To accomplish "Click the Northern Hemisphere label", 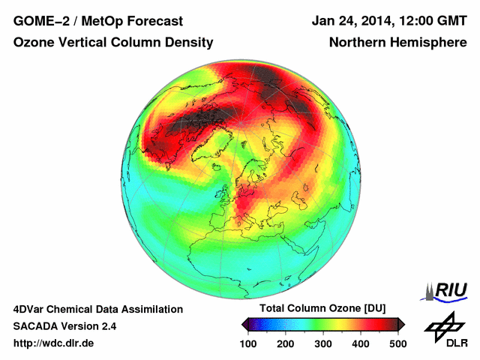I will click(x=398, y=43).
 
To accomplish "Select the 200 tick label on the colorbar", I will click(x=285, y=343).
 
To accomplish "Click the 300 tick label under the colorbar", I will click(x=322, y=343).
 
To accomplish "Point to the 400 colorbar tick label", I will click(x=360, y=343).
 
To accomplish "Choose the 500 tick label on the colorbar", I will click(x=397, y=343).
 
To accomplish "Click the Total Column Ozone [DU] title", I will click(x=322, y=309).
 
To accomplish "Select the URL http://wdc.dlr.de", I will click(x=54, y=343).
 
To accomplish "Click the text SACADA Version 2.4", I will click(x=64, y=326).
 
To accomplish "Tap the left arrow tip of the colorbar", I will click(x=244, y=324).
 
